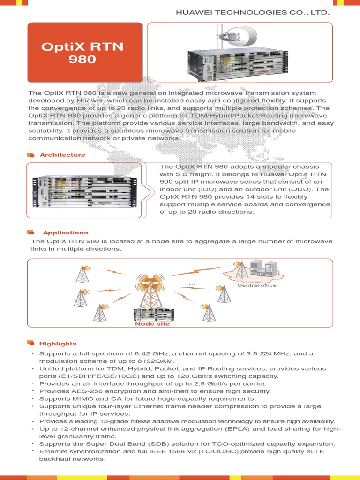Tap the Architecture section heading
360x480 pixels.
pyautogui.click(x=62, y=155)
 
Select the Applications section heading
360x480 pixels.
pyautogui.click(x=65, y=232)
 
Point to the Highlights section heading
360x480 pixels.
pyautogui.click(x=58, y=344)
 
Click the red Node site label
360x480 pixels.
pyautogui.click(x=152, y=324)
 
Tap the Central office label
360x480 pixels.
pyautogui.click(x=256, y=285)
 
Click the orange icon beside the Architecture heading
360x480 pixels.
pyautogui.click(x=31, y=155)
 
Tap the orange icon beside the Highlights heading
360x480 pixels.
pyautogui.click(x=31, y=343)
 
